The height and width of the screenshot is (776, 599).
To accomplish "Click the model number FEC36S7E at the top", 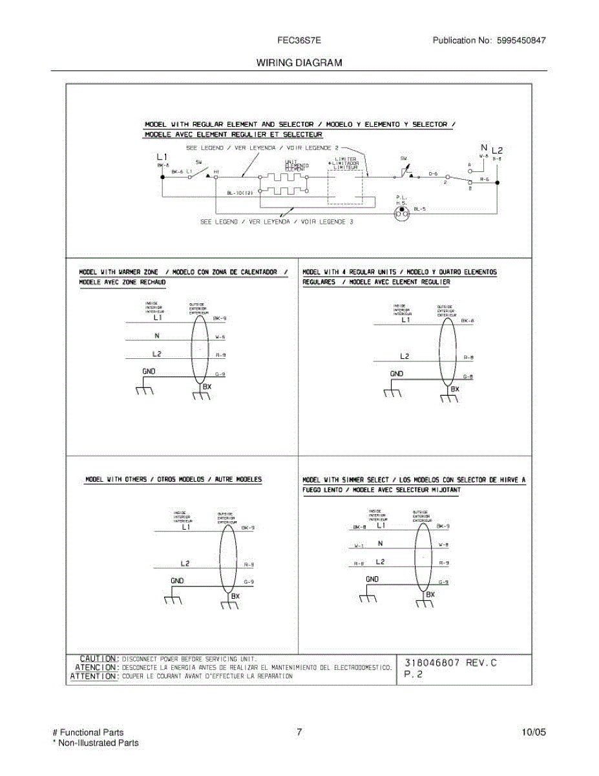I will click(x=300, y=40).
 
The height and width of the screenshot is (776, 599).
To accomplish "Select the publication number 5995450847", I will click(x=521, y=40).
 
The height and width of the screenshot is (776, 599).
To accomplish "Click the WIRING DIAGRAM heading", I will click(x=299, y=63).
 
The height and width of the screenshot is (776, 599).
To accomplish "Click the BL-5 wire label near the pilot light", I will click(x=420, y=209).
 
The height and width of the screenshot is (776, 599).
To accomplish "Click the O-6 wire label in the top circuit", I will click(x=433, y=174).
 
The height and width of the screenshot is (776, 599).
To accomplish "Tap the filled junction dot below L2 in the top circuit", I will click(x=496, y=183).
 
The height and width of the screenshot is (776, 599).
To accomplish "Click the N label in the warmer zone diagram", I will click(x=157, y=335).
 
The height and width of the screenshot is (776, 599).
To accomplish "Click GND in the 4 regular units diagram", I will click(x=397, y=374).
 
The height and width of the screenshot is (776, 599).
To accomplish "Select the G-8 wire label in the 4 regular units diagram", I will click(x=468, y=376).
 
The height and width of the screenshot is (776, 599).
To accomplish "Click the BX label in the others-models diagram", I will click(x=235, y=596).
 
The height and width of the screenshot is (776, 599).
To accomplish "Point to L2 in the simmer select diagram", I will click(x=380, y=562).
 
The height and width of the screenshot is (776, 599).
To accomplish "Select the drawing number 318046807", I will click(x=432, y=662).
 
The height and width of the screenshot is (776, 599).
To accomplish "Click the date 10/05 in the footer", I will click(x=533, y=733).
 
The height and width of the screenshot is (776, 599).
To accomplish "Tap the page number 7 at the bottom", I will click(x=299, y=733).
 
